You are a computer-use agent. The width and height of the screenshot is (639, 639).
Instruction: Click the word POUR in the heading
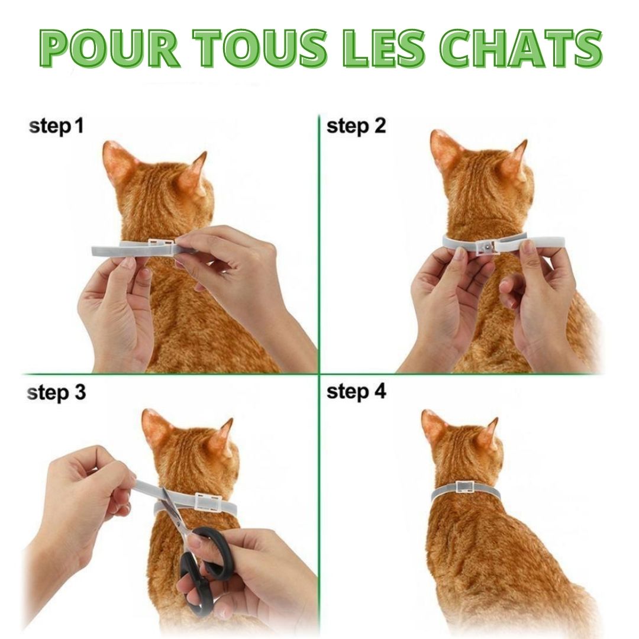click(109, 48)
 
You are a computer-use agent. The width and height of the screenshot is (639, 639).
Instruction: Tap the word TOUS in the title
click(263, 48)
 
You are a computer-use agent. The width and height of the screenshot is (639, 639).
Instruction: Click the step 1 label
click(56, 127)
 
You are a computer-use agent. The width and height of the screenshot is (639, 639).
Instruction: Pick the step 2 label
click(356, 127)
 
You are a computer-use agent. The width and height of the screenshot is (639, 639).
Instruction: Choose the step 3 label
click(56, 393)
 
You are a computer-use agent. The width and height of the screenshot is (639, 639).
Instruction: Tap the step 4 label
click(356, 392)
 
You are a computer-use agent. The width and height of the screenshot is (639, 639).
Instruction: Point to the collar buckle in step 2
click(486, 247)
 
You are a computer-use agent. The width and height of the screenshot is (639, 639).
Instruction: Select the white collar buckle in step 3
click(208, 502)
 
